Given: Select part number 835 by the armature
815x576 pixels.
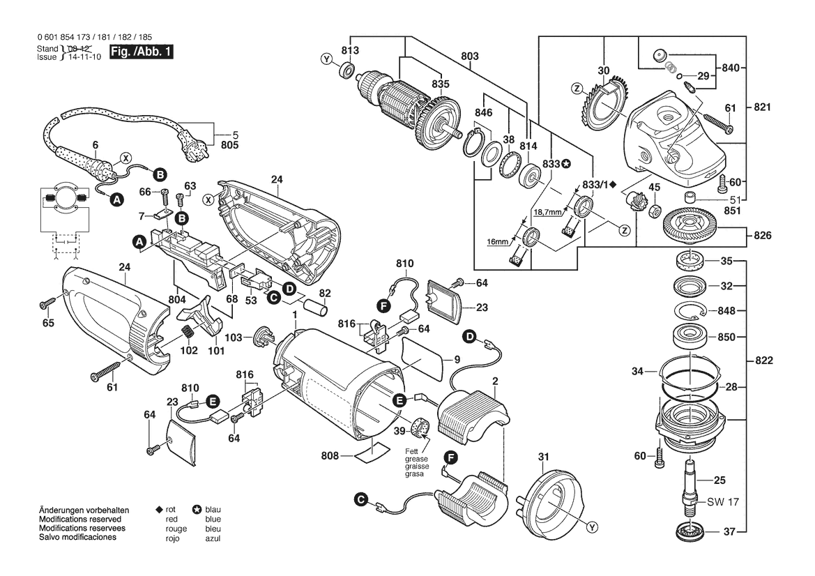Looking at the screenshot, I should (x=441, y=84).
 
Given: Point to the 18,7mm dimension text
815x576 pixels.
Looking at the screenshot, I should (x=547, y=211).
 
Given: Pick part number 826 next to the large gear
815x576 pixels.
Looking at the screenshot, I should (x=762, y=236).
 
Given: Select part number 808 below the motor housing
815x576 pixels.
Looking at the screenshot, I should (x=330, y=456).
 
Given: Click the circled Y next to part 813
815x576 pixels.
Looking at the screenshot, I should (x=326, y=59).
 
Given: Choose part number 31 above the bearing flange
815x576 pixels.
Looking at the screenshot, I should (x=544, y=457).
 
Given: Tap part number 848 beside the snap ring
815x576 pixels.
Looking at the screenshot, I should (x=727, y=310).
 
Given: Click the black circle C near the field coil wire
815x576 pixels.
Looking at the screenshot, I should (x=360, y=499).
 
